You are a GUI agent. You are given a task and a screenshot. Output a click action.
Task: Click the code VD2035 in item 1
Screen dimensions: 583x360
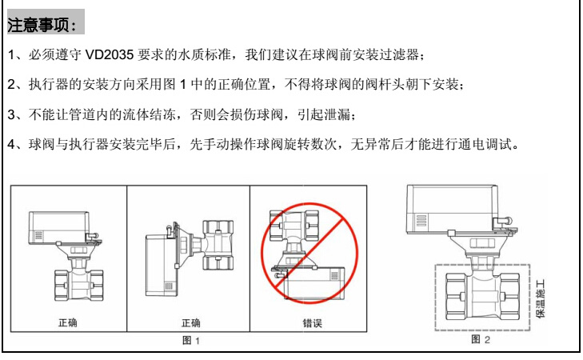tap(110, 55)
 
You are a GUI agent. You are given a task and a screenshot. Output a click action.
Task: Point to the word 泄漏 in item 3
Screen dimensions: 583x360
tap(337, 114)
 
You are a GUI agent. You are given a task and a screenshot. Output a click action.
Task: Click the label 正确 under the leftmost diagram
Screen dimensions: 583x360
tap(68, 322)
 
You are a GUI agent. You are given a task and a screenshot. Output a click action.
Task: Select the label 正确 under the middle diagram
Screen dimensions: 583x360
tap(191, 322)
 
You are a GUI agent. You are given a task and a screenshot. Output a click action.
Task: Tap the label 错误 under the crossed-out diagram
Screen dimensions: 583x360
tap(312, 322)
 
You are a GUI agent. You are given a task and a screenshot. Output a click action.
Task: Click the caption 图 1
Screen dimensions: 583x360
tap(191, 340)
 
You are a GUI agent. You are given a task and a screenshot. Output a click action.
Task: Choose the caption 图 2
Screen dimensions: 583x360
tap(481, 339)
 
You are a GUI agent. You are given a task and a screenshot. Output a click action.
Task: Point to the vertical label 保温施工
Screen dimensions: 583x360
tap(541, 298)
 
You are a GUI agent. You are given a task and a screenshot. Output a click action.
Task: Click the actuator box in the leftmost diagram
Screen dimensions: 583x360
tap(58, 228)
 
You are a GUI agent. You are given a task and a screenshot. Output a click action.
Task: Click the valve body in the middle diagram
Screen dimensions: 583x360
tap(218, 245)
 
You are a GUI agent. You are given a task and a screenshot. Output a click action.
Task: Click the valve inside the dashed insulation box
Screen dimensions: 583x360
tap(482, 296)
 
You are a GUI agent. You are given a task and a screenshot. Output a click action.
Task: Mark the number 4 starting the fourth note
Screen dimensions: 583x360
tap(11, 144)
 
